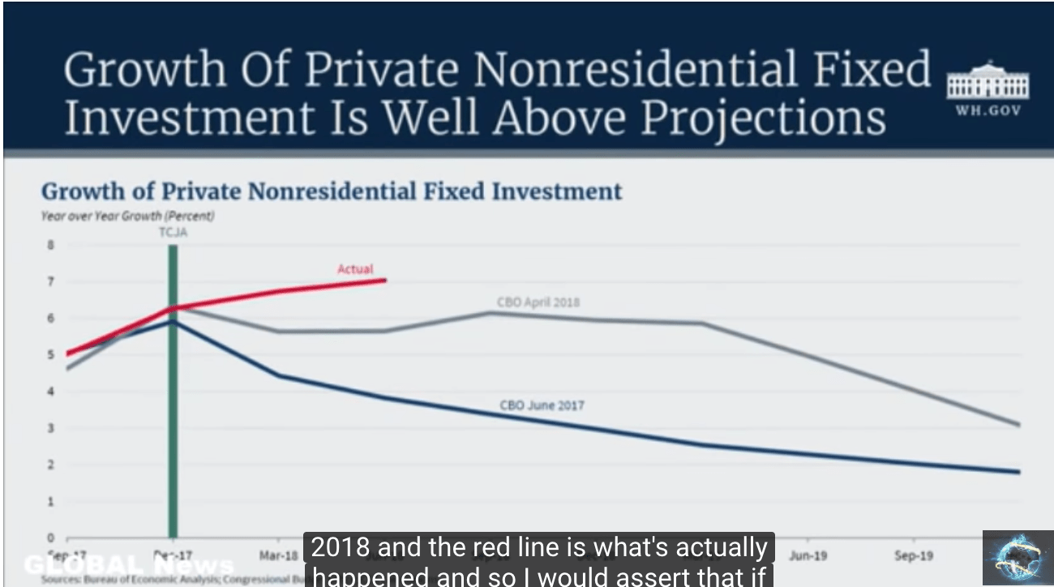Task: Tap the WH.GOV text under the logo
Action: click(988, 111)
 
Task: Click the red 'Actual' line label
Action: click(355, 268)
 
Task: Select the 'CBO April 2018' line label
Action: click(538, 302)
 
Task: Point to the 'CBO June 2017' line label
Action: click(542, 405)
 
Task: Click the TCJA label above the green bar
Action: click(174, 232)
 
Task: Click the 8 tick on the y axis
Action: click(50, 245)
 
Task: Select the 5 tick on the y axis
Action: click(50, 354)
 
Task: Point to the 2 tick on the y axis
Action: click(50, 465)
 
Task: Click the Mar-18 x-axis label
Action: click(276, 556)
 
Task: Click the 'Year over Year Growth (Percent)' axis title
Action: click(127, 216)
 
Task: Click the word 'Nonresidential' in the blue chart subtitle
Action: click(332, 191)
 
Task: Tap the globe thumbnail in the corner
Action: click(1018, 558)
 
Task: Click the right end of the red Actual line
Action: click(385, 280)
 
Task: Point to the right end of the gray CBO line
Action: click(1019, 425)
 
